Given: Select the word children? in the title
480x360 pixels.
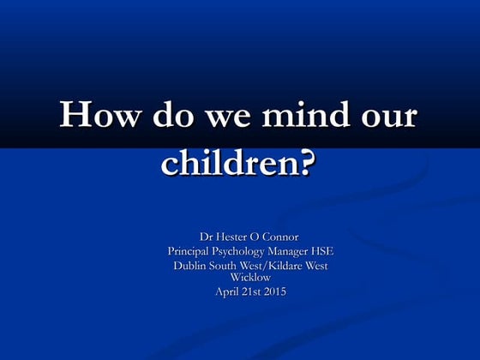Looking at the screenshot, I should [237, 162].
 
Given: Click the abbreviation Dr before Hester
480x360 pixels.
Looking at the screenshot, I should [206, 236].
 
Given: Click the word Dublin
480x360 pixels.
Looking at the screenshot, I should [191, 266].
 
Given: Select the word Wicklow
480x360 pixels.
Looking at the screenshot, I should [250, 277].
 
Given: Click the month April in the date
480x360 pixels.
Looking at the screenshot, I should [226, 291].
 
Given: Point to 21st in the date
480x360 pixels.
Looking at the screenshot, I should [252, 291].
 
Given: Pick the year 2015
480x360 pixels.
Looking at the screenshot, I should [276, 291].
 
